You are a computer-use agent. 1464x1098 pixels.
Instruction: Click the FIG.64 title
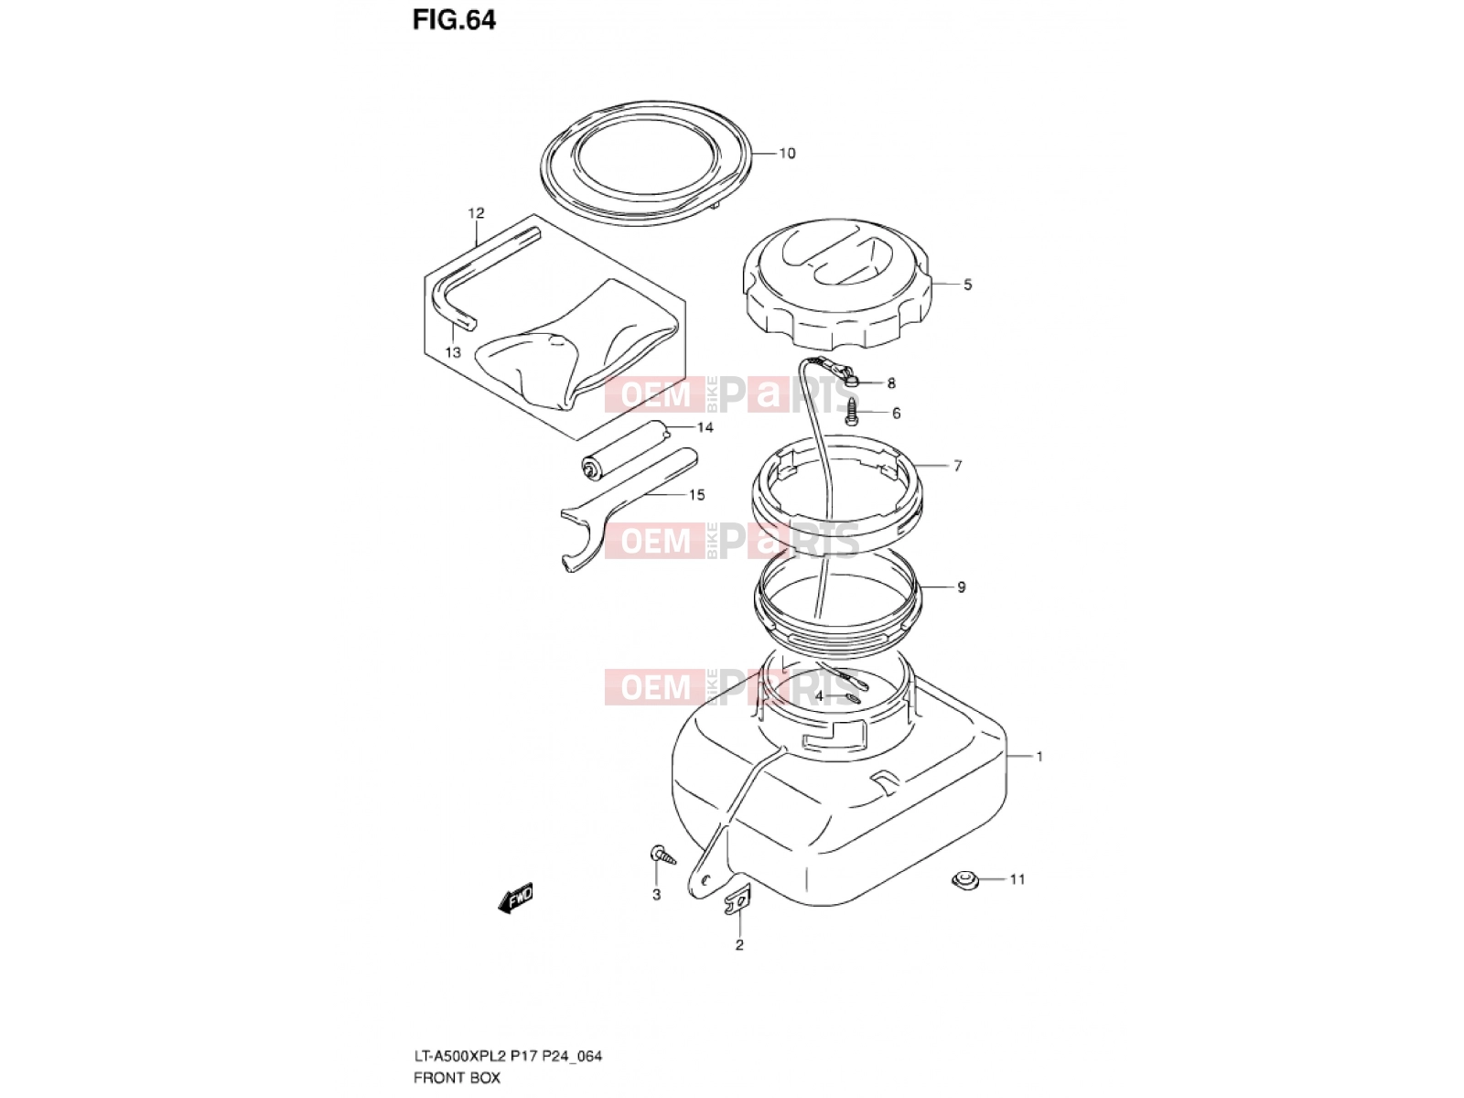click(x=454, y=20)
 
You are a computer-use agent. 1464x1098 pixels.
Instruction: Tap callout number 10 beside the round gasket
click(x=787, y=154)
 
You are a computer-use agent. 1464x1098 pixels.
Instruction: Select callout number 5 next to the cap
click(x=967, y=285)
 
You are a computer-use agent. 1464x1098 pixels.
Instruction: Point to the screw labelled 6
click(x=852, y=413)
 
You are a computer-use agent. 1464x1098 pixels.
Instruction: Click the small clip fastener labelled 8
click(x=853, y=382)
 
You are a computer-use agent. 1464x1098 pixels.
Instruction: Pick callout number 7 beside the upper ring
click(x=958, y=466)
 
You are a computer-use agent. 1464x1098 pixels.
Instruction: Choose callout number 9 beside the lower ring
click(x=961, y=587)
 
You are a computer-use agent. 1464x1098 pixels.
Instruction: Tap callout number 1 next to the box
click(x=1039, y=757)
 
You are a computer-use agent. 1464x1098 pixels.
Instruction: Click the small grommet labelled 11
click(x=963, y=880)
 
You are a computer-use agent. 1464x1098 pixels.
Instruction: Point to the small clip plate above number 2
click(x=737, y=900)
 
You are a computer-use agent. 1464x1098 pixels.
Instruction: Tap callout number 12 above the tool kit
click(x=476, y=213)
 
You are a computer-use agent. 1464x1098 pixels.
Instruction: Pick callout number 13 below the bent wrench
click(x=453, y=352)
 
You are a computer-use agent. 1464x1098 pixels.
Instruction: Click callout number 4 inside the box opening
click(x=819, y=696)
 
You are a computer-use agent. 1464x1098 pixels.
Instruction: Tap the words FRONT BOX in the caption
click(x=457, y=1078)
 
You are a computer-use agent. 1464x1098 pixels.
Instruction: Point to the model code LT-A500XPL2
click(x=460, y=1056)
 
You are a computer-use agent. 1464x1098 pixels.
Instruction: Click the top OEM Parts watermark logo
click(x=732, y=394)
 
